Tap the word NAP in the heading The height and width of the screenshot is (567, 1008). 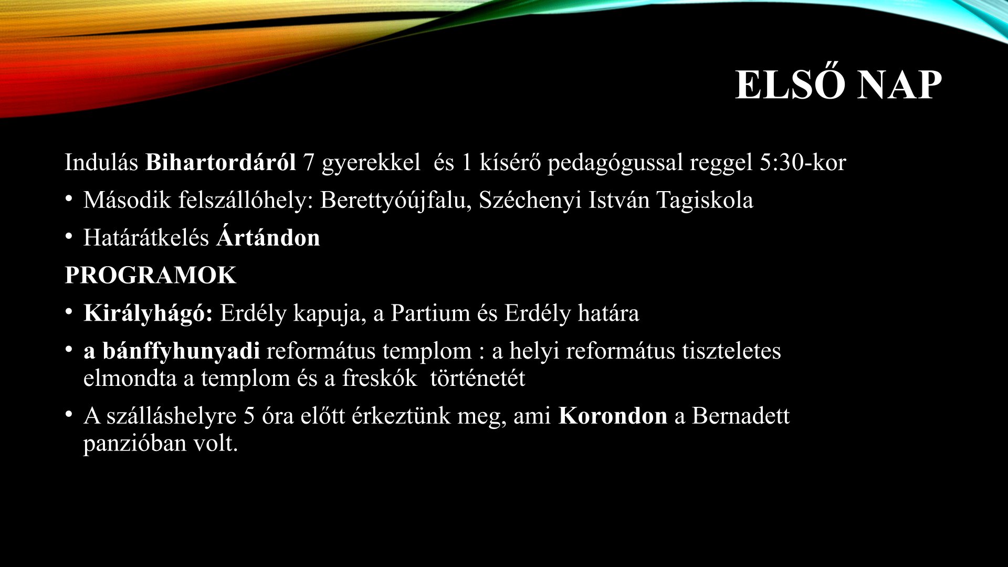(900, 85)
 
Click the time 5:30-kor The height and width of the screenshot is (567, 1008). (803, 163)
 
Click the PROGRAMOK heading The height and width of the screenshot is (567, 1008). (151, 276)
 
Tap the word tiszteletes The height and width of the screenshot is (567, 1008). (731, 351)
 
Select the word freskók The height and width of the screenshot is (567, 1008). (380, 378)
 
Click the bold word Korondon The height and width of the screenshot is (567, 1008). (613, 416)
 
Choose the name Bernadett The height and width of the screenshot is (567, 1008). (741, 416)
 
